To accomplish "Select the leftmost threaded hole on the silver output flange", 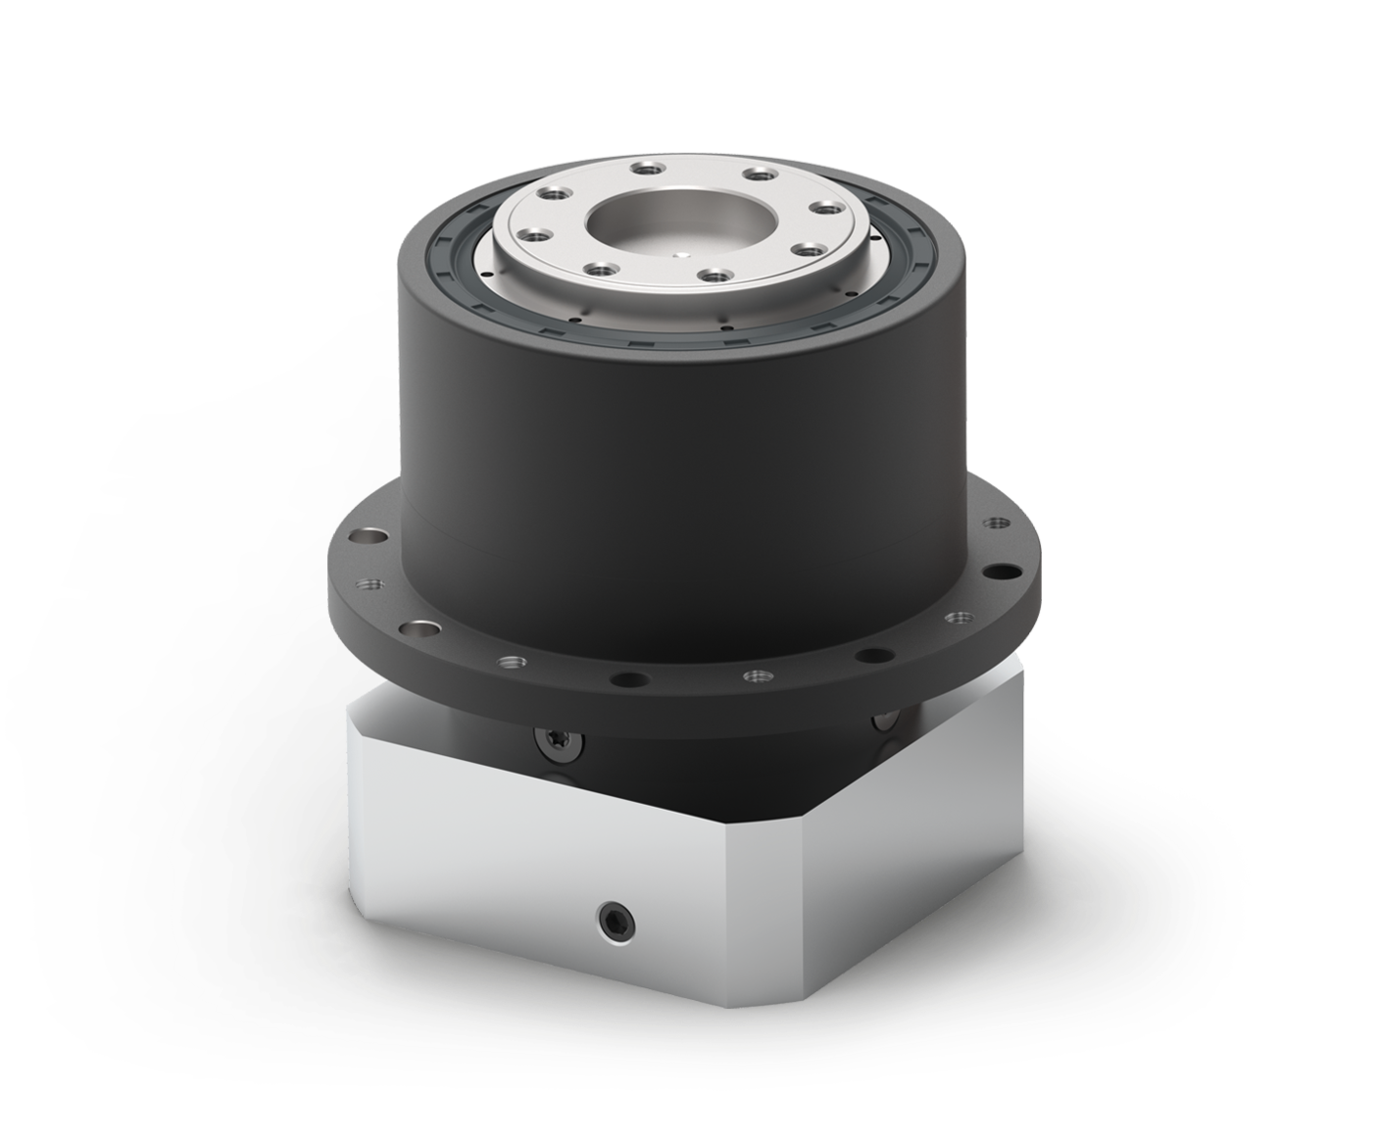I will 530,235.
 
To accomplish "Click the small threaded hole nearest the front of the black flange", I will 754,676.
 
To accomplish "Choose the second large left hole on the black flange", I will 424,626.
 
